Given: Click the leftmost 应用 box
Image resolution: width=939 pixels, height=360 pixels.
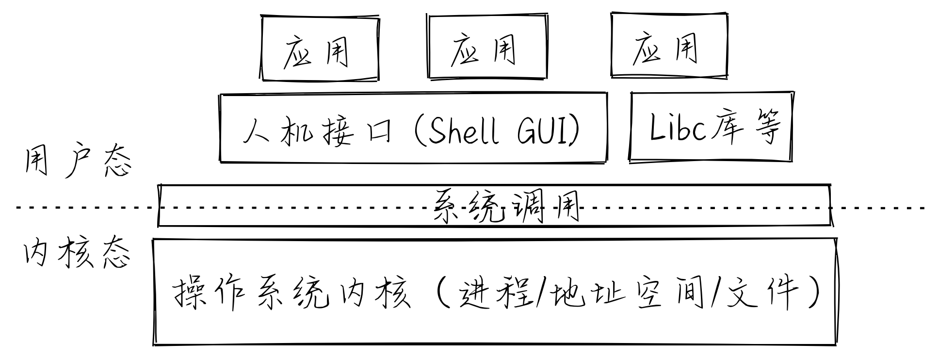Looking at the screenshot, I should point(319,48).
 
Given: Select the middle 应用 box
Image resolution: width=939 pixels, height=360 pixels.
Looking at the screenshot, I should point(486,47).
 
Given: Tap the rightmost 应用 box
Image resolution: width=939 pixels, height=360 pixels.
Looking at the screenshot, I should point(668,46).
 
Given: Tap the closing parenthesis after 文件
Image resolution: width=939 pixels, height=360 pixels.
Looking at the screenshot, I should point(814,293).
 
